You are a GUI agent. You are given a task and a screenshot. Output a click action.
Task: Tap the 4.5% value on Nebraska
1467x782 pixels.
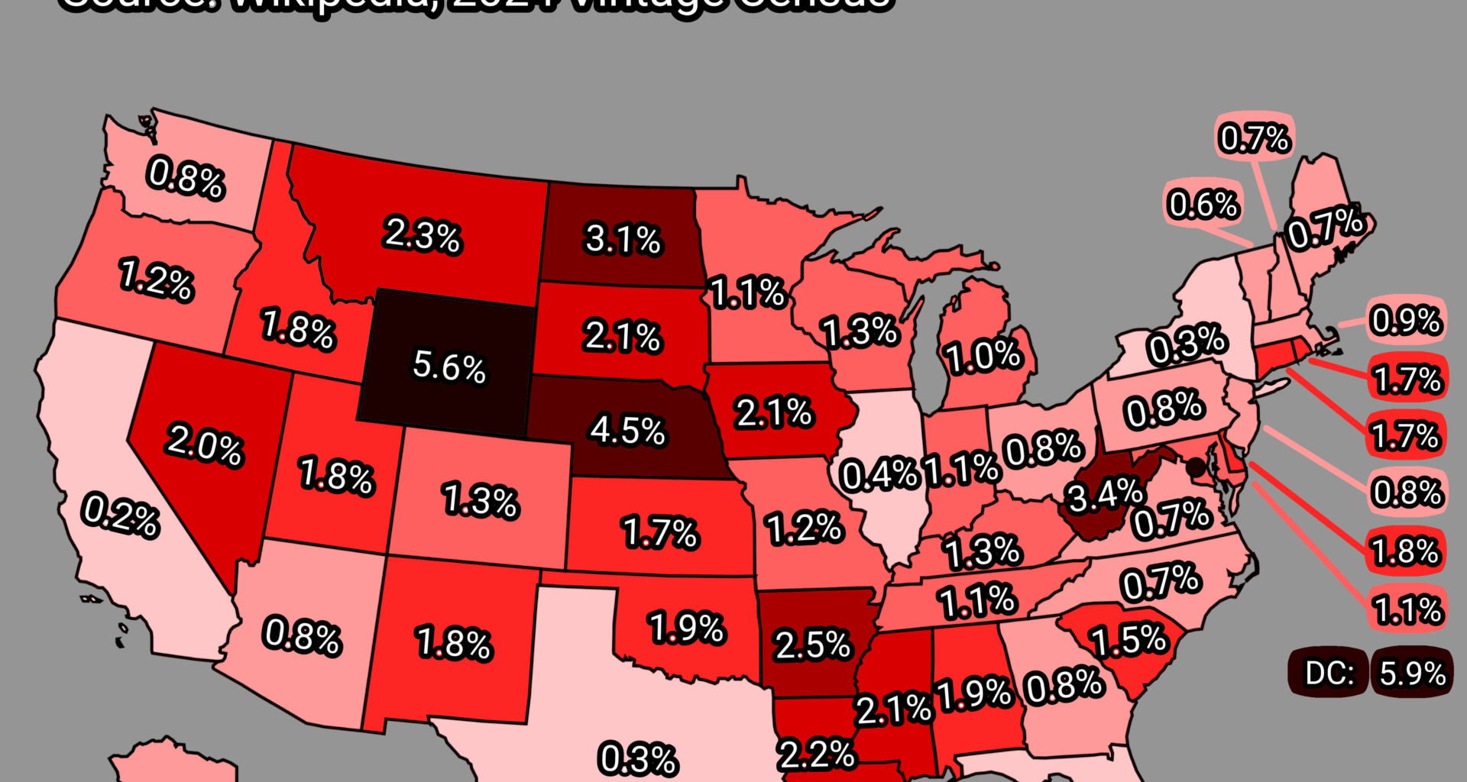627,431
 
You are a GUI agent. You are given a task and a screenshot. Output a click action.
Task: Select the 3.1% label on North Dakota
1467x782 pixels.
623,239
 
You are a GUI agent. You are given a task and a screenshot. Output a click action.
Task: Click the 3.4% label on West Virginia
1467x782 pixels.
1105,497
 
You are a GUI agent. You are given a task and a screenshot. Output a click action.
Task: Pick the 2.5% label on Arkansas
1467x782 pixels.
812,645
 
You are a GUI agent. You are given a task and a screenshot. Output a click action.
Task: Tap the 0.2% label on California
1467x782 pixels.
121,515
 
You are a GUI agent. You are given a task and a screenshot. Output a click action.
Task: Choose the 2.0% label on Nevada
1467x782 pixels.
205,444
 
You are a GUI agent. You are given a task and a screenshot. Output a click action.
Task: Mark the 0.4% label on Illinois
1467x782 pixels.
879,475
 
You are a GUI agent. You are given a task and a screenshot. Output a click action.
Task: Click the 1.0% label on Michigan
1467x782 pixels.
984,357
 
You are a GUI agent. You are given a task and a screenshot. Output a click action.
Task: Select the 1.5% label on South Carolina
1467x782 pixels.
1129,641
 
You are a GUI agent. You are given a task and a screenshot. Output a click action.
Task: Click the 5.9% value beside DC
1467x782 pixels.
1412,674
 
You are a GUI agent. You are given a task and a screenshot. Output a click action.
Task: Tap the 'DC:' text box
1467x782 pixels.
1329,674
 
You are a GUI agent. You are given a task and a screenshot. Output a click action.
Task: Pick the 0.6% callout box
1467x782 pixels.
1203,205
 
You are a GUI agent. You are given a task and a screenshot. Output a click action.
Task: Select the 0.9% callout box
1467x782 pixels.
1406,321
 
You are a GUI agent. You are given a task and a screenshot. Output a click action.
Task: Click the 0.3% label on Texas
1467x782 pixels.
638,759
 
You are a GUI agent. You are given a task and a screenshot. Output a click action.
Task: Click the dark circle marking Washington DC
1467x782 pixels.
1195,467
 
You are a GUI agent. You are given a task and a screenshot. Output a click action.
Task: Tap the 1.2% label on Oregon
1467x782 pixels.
157,280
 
